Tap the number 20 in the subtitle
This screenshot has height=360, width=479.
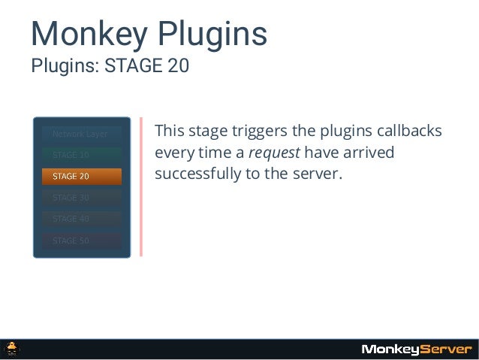click(x=178, y=66)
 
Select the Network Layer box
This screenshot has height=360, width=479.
click(x=80, y=134)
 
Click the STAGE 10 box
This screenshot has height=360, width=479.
click(x=81, y=155)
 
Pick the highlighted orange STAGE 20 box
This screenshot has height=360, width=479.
click(x=81, y=177)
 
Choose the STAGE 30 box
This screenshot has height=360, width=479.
click(x=81, y=198)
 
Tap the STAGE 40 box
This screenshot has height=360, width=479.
click(x=81, y=219)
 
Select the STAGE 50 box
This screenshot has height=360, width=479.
click(x=81, y=241)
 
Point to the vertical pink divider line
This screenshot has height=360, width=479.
click(x=140, y=186)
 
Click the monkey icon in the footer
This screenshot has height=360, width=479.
click(x=13, y=349)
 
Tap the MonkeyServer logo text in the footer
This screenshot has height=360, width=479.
click(x=417, y=349)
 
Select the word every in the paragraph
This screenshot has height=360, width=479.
click(x=172, y=153)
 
